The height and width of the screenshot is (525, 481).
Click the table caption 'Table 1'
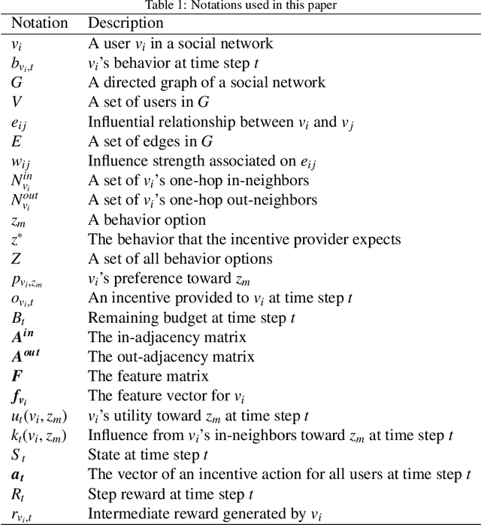(240, 6)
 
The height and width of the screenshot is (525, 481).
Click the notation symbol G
(17, 83)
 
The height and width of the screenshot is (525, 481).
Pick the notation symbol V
(16, 102)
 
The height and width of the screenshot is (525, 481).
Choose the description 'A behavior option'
(147, 220)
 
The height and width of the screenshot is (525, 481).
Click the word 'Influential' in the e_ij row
(119, 122)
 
